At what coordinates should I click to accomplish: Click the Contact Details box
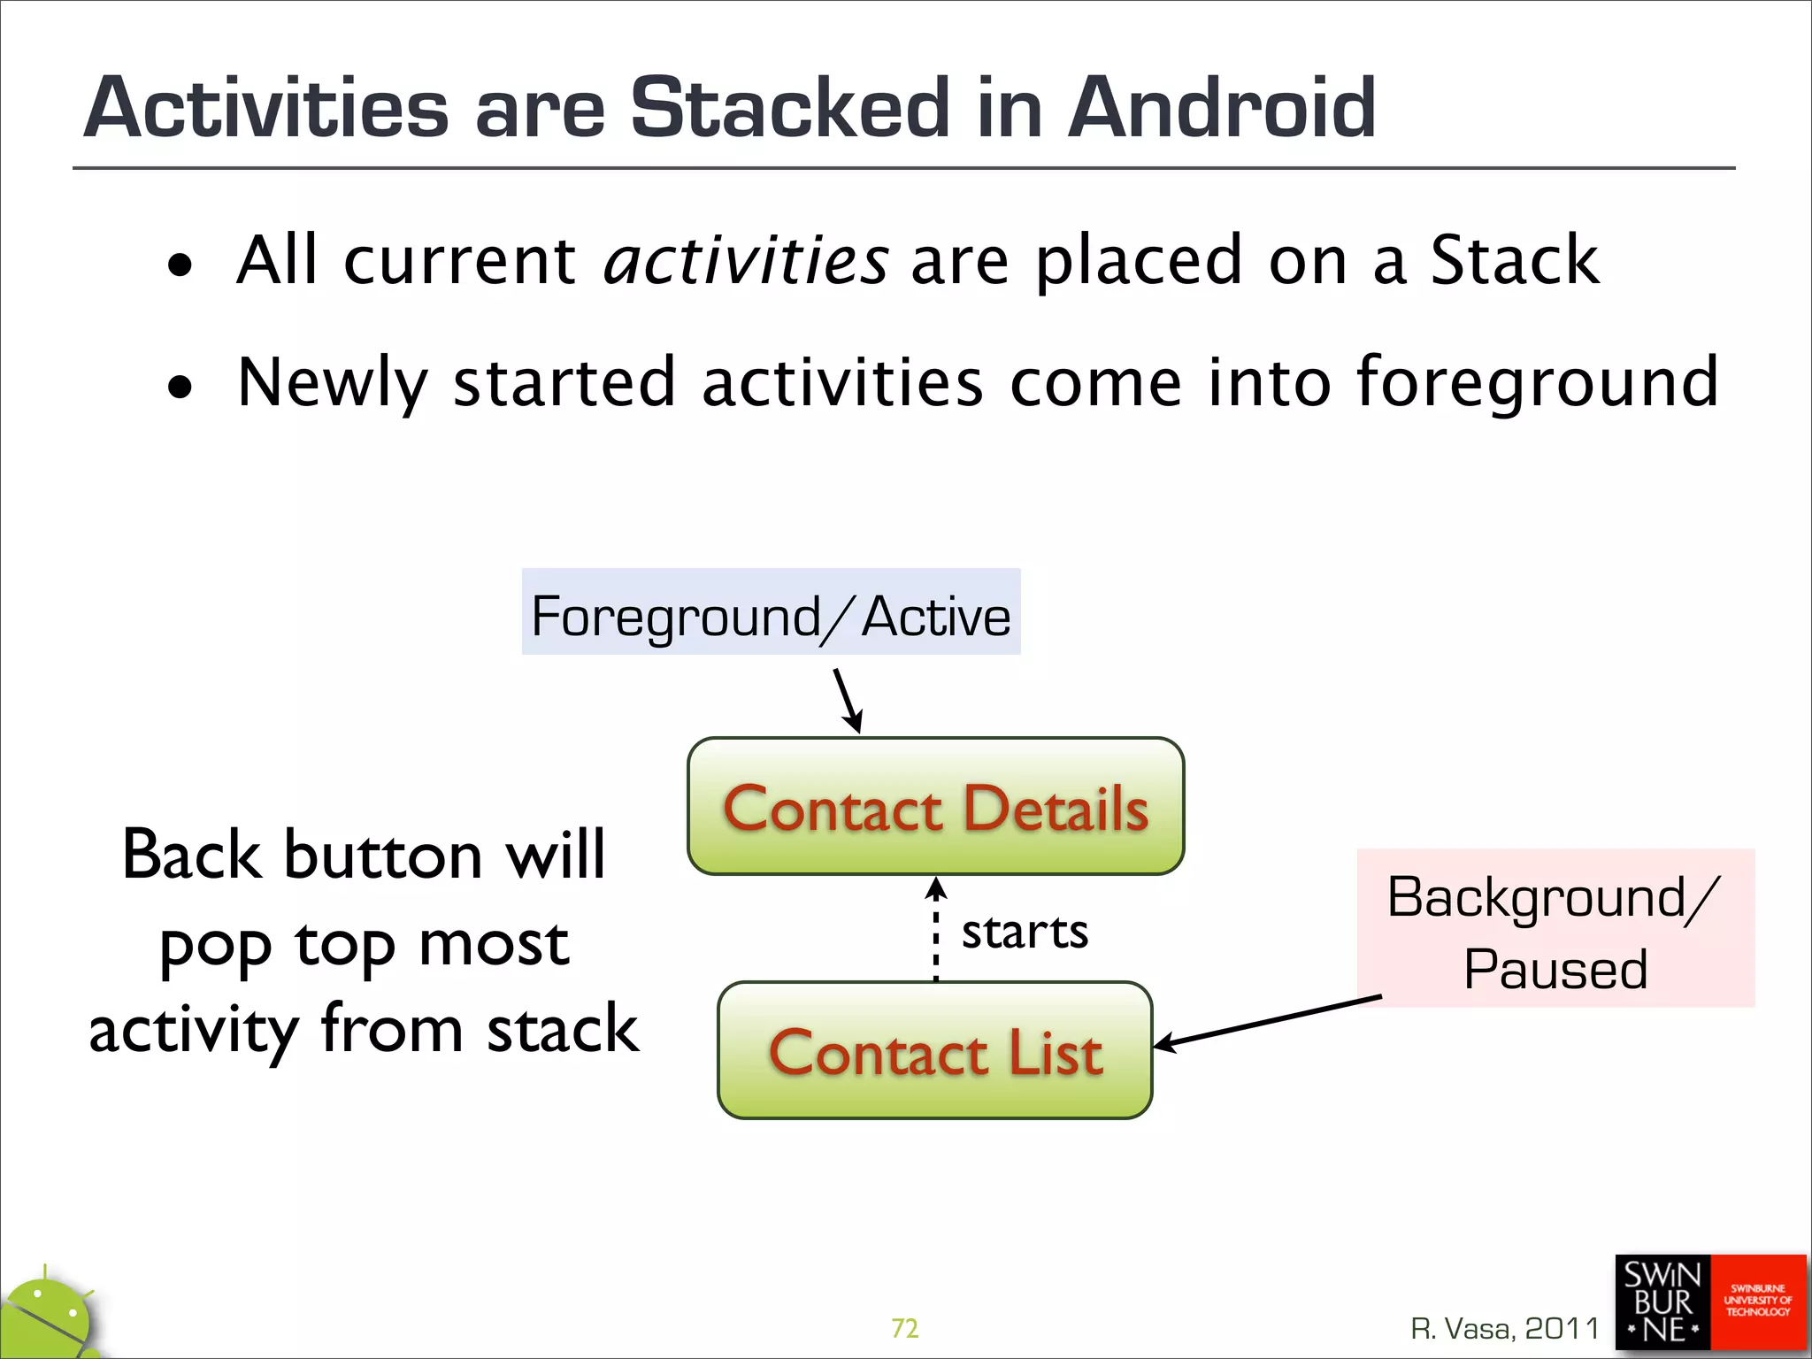click(935, 806)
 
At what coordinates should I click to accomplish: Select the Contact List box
click(934, 1050)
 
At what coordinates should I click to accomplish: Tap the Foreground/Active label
click(771, 612)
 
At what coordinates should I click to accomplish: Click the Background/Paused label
click(1555, 929)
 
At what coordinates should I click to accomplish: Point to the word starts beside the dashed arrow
click(1025, 932)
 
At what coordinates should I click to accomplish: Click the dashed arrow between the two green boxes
click(936, 929)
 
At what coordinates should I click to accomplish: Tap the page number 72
click(904, 1328)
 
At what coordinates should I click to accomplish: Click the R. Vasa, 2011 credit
click(1505, 1328)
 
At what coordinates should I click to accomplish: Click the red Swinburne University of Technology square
click(1758, 1302)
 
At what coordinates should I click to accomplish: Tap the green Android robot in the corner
click(49, 1318)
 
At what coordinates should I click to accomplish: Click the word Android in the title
click(1221, 108)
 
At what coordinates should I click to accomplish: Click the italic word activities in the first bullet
click(745, 260)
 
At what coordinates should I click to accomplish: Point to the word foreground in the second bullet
click(1537, 382)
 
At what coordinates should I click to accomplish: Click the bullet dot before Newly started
click(180, 387)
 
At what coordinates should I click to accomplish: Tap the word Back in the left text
click(191, 855)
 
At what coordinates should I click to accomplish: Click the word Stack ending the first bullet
click(1514, 260)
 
